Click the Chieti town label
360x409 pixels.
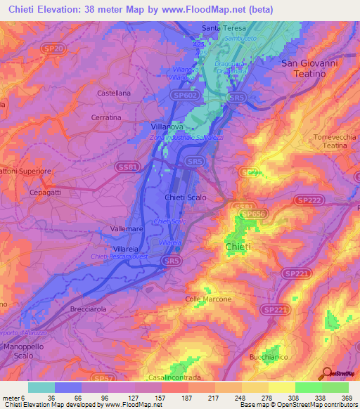[x=238, y=248]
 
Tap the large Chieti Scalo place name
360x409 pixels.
[x=186, y=198]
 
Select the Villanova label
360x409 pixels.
[x=167, y=126]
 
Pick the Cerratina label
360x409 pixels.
[x=108, y=117]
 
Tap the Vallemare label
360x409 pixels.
[x=128, y=230]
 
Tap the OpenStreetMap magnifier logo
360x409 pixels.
[x=326, y=373]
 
